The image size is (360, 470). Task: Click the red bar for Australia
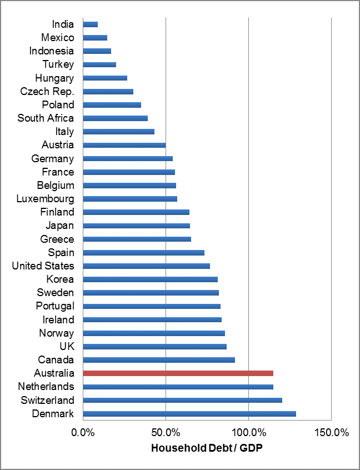click(x=178, y=373)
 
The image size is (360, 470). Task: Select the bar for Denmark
click(x=189, y=413)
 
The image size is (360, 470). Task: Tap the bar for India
click(x=91, y=24)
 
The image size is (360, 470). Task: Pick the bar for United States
click(x=146, y=266)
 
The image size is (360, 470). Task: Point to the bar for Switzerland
click(x=182, y=400)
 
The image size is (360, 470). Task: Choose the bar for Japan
click(x=136, y=226)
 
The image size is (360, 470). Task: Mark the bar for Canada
click(x=159, y=360)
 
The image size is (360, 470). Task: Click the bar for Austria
click(x=124, y=145)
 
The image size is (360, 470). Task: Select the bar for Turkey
click(x=99, y=64)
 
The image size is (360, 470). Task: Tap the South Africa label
click(x=46, y=118)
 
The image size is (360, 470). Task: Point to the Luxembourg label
click(x=45, y=199)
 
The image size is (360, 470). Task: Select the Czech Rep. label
click(x=47, y=91)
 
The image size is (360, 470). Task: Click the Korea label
click(x=60, y=279)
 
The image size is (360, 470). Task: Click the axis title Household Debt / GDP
click(x=207, y=448)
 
